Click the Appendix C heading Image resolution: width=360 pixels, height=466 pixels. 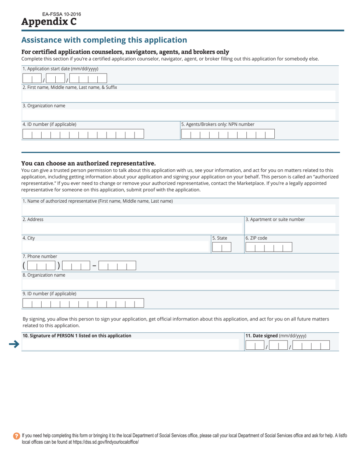49,22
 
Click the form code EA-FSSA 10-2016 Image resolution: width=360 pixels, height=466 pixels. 61,14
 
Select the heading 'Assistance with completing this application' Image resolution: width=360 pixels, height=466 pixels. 104,40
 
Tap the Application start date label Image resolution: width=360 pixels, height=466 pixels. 61,69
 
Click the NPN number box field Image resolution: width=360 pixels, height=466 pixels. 228,134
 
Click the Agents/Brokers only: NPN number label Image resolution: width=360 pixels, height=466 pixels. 218,124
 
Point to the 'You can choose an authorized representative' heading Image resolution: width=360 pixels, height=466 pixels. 88,163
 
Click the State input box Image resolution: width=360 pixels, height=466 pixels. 221,247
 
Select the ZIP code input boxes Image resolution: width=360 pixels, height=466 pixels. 269,247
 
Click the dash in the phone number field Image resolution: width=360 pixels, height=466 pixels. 94,266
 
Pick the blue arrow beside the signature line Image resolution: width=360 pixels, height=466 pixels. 14,344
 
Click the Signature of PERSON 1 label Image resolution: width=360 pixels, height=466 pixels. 77,336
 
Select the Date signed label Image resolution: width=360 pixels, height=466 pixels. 276,336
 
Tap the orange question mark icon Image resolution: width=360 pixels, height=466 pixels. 16,436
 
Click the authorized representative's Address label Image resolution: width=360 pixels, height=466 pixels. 33,219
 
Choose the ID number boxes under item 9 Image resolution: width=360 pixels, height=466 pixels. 83,303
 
